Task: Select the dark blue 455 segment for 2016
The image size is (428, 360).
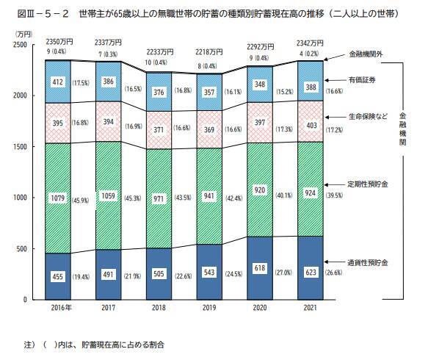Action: (59, 277)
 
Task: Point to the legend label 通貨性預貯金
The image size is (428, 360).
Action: (368, 262)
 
